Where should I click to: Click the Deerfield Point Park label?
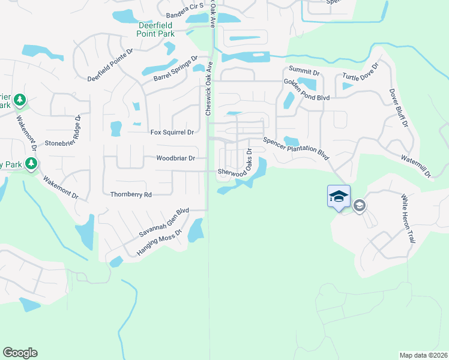(148, 30)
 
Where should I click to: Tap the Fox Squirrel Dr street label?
(172, 132)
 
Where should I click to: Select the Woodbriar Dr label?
(176, 158)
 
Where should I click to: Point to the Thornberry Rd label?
(131, 194)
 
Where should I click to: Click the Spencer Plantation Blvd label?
(296, 148)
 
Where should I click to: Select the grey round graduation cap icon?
(360, 206)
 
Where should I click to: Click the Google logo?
(20, 353)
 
